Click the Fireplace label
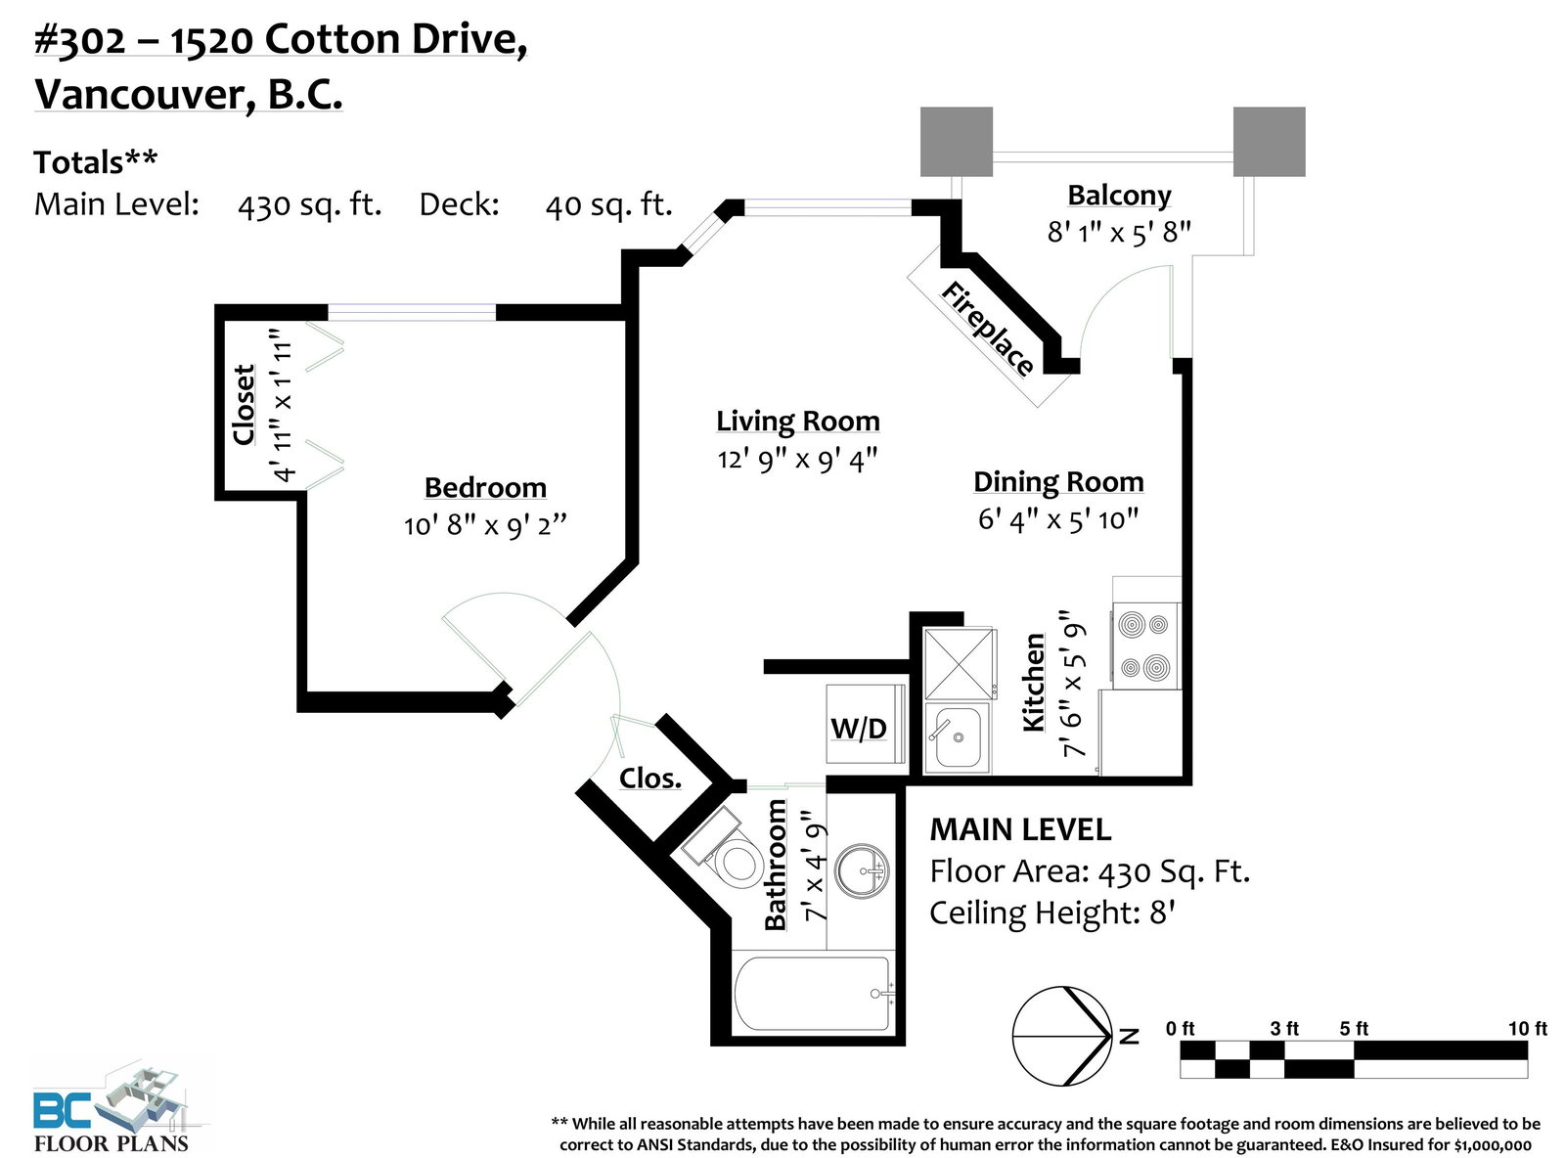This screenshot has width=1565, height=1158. point(987,329)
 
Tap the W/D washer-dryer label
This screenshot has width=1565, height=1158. point(859,729)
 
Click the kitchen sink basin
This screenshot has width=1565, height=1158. point(958,737)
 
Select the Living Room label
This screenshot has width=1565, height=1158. point(798,422)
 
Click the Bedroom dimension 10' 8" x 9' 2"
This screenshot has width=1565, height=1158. point(485,526)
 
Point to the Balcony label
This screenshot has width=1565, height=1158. point(1119,196)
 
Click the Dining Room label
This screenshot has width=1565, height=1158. point(1058,482)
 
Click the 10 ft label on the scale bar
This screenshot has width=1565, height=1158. point(1528,1029)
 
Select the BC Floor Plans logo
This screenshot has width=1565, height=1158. point(112,1107)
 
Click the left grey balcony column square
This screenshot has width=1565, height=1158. point(956,142)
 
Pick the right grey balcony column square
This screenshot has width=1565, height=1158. point(1269,142)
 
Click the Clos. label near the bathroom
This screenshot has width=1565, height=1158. point(649,779)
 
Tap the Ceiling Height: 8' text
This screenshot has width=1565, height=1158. point(1052,913)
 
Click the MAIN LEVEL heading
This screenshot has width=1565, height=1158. point(1020,829)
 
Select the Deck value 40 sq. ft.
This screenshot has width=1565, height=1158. point(609,205)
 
